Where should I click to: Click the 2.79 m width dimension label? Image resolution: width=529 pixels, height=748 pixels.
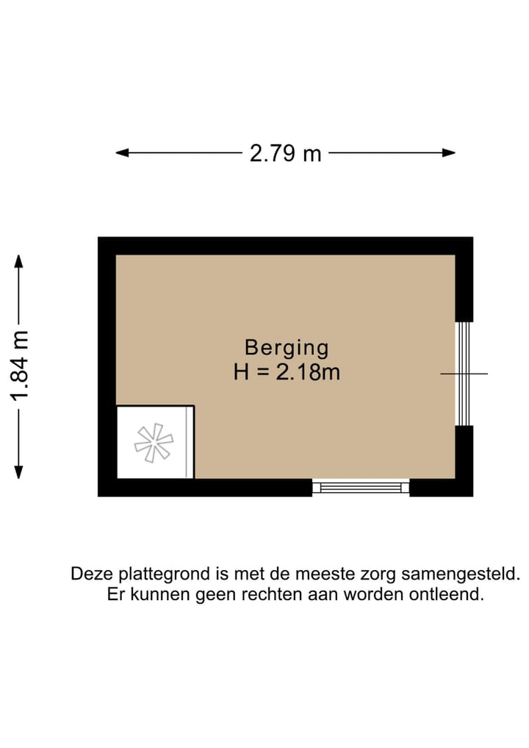click(x=285, y=153)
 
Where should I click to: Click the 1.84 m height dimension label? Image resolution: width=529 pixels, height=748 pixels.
click(x=20, y=366)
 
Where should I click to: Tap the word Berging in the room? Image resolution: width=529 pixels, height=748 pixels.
click(x=287, y=347)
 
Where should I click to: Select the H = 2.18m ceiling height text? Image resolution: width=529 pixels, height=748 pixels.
click(x=287, y=372)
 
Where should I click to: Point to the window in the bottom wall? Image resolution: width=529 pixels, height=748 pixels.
click(x=361, y=487)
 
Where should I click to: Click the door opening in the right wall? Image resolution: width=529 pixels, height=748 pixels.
click(x=464, y=374)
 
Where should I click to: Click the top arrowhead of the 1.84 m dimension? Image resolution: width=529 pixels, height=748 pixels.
click(x=20, y=261)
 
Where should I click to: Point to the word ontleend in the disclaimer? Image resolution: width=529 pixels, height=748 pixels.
click(x=451, y=594)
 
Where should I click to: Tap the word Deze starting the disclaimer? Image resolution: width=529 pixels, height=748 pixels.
click(x=89, y=574)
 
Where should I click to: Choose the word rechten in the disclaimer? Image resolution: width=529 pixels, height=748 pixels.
click(x=275, y=594)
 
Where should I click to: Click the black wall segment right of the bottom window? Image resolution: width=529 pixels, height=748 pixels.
click(x=440, y=488)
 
